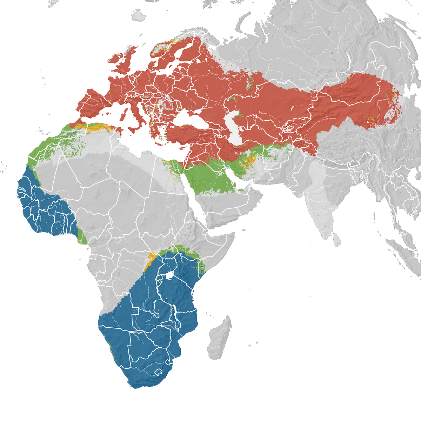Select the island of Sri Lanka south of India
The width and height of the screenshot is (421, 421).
pyautogui.click(x=336, y=240)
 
